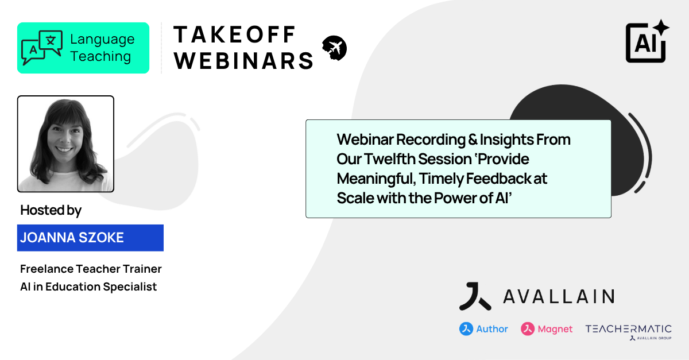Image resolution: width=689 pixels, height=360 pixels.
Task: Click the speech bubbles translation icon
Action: pos(42,48)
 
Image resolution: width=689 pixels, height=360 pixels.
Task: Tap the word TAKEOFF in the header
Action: pos(234,35)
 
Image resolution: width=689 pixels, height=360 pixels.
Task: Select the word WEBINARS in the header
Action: pos(244,60)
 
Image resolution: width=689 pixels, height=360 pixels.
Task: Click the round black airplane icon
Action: pos(335,48)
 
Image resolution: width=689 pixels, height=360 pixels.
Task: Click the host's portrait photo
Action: pos(65,144)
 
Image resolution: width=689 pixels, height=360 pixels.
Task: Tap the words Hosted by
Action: pos(51,210)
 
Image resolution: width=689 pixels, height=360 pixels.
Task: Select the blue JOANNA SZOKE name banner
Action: pos(90,238)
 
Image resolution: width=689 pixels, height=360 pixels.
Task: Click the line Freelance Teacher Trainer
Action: pos(91,269)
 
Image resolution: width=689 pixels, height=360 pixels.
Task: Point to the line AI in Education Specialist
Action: pos(88,287)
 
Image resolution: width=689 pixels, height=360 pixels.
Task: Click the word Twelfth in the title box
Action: pos(388,158)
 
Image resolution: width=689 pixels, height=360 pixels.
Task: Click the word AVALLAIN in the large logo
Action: pos(558,296)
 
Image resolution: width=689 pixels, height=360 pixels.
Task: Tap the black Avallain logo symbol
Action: pos(475,296)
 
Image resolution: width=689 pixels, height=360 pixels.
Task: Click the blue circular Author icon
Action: pos(466,329)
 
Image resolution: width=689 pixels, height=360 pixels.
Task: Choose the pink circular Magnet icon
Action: pos(528,329)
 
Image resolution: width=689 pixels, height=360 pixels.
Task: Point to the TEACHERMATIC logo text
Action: pos(628,328)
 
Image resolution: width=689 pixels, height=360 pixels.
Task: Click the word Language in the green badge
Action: pos(102,40)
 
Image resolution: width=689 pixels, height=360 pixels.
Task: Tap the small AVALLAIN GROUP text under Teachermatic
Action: pos(654,338)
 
